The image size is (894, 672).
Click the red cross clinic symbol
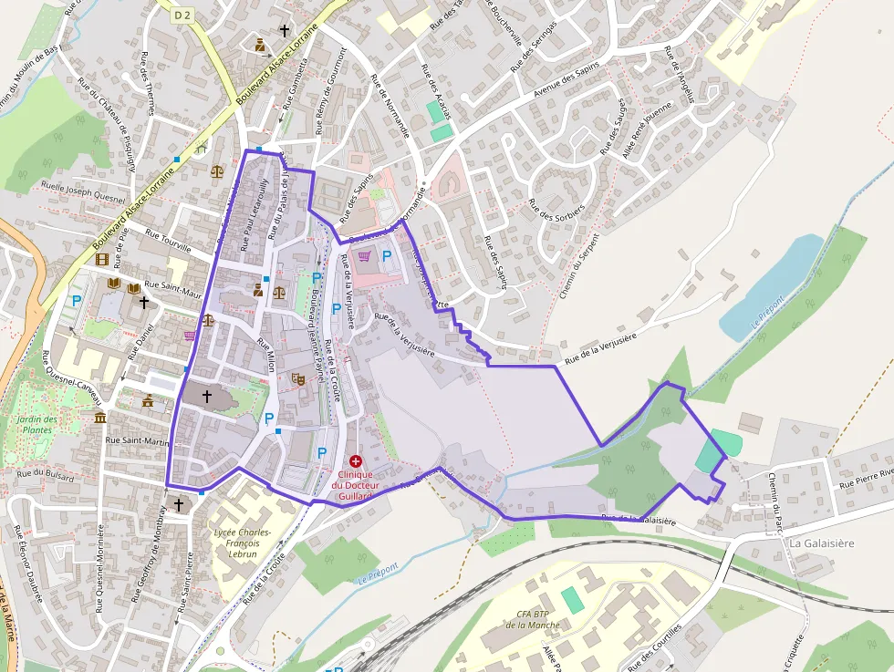tap(355, 462)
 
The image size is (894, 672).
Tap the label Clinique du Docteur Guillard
tap(355, 485)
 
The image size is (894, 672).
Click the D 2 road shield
tap(183, 15)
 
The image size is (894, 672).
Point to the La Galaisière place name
tap(822, 543)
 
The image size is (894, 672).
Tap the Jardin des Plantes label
tap(37, 424)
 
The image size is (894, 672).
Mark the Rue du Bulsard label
tap(45, 474)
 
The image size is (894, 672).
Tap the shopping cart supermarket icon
tap(365, 256)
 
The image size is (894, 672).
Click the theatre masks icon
tap(297, 377)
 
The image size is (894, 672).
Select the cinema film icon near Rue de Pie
tap(101, 259)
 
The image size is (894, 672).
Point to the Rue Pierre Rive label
tap(864, 478)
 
